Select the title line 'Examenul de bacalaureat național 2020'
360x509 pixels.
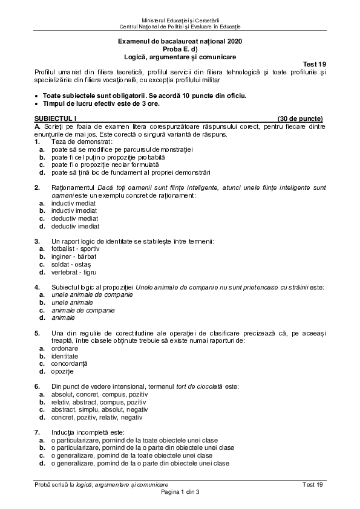pos(179,42)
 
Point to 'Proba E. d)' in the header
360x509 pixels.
pos(179,49)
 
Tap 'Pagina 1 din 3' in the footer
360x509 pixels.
pos(180,493)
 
